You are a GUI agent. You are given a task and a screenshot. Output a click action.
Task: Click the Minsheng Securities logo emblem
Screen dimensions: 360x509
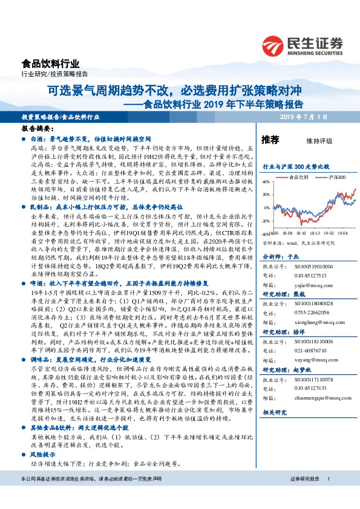[x=274, y=45]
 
